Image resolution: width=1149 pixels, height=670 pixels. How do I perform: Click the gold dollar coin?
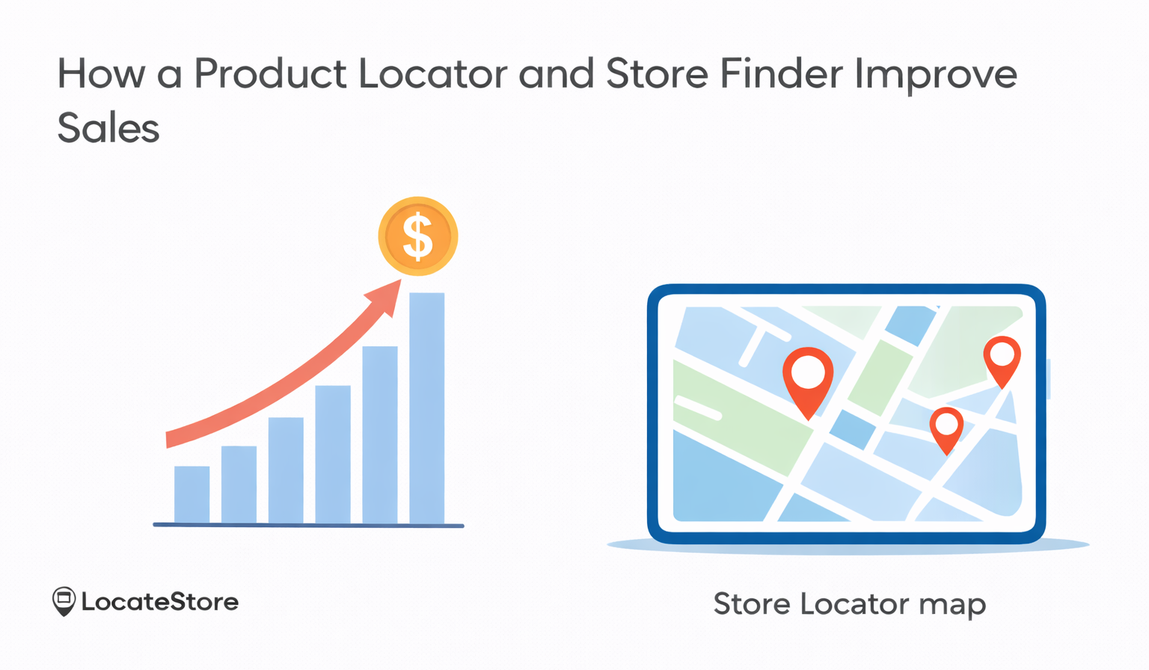pyautogui.click(x=417, y=236)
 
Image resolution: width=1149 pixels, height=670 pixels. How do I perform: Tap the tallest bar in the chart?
pyautogui.click(x=426, y=408)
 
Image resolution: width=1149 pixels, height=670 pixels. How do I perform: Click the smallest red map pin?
pyautogui.click(x=946, y=428)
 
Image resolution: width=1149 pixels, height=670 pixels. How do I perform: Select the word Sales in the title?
pyautogui.click(x=108, y=128)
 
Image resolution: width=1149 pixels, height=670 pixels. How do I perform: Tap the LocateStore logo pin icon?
pyautogui.click(x=64, y=601)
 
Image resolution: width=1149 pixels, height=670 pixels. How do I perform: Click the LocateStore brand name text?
pyautogui.click(x=159, y=602)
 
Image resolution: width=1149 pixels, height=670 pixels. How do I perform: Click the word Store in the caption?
pyautogui.click(x=751, y=603)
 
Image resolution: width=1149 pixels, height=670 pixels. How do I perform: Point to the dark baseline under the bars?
pyautogui.click(x=308, y=526)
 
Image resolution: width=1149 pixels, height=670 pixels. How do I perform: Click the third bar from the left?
pyautogui.click(x=286, y=470)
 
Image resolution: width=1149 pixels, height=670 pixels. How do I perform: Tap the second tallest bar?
pyautogui.click(x=379, y=434)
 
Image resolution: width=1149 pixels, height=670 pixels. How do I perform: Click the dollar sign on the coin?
pyautogui.click(x=417, y=236)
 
